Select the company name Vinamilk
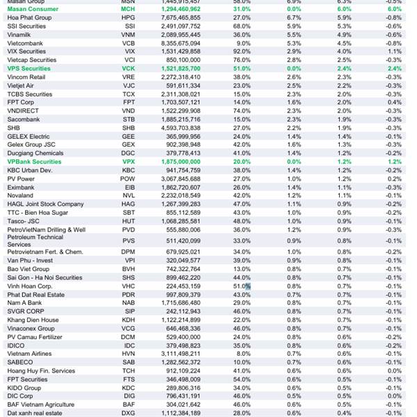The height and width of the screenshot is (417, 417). click(20, 34)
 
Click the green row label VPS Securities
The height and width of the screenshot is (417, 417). click(28, 68)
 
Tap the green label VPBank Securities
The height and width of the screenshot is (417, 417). click(35, 161)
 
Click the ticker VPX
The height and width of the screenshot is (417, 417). click(128, 161)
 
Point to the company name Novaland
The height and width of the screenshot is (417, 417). click(22, 195)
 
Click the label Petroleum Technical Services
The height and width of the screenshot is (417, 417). click(35, 240)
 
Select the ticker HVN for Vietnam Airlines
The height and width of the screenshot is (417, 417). click(128, 353)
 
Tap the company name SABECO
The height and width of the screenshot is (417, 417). click(19, 362)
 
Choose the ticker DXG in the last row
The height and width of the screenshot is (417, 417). click(128, 413)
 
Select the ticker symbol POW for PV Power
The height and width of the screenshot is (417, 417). click(128, 178)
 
